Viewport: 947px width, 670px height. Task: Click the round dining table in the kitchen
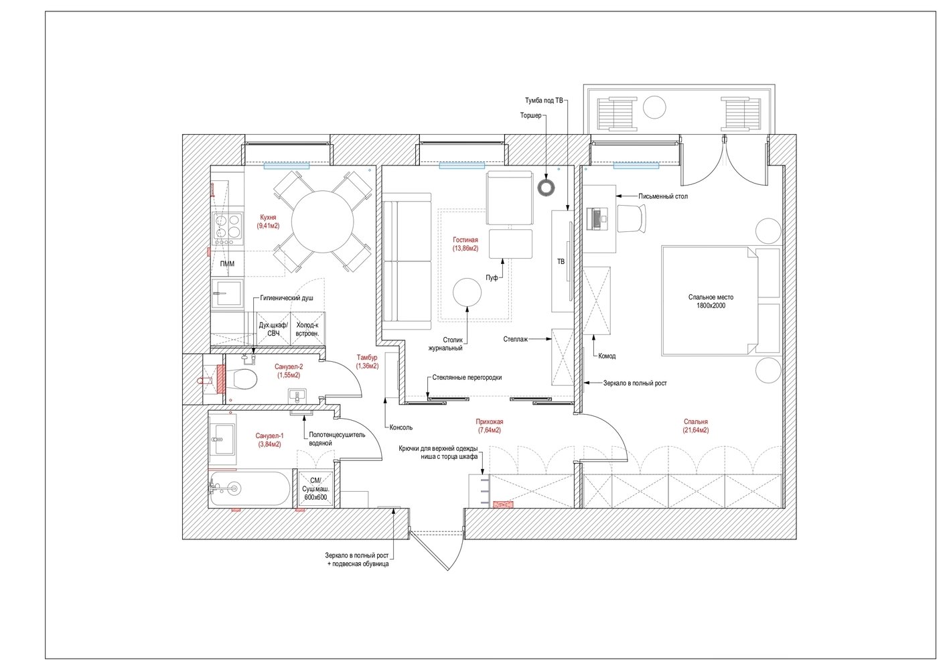tap(322, 222)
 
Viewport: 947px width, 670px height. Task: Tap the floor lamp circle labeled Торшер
tap(546, 187)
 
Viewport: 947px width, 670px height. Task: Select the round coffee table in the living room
tap(467, 292)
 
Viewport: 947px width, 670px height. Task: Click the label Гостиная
tap(465, 240)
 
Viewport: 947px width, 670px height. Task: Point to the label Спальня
tap(695, 421)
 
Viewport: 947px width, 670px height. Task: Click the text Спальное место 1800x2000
tap(711, 301)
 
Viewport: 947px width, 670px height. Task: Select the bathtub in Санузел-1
tap(249, 488)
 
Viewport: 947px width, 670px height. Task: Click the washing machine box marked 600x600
tap(316, 488)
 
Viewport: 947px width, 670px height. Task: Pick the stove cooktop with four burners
tap(228, 229)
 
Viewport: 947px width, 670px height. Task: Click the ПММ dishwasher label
tap(227, 264)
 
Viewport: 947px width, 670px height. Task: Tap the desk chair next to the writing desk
tap(632, 218)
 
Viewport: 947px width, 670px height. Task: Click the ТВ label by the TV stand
tap(561, 262)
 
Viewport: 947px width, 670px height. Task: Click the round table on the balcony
tap(654, 107)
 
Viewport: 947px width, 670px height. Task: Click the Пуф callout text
tap(492, 278)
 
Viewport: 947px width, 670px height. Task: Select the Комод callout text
tap(607, 356)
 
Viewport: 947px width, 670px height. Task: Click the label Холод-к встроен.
tap(307, 330)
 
